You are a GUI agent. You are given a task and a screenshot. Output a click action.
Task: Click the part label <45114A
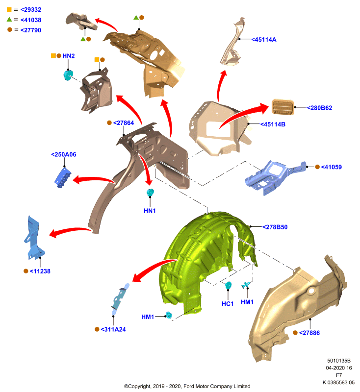[x=264, y=40]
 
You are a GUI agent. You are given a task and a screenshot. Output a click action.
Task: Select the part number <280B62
[x=319, y=108]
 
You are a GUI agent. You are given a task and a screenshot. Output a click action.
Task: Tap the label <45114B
[x=273, y=124]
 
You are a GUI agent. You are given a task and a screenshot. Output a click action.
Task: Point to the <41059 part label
[x=331, y=167]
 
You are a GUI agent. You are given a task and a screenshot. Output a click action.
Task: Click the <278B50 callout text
[x=275, y=227]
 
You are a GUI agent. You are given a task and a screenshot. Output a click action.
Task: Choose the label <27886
[x=309, y=333]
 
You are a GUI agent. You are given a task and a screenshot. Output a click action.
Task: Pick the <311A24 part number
[x=113, y=329]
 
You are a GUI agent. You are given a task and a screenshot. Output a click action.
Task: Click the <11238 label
[x=40, y=271]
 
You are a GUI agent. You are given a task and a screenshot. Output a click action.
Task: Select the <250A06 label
[x=64, y=154]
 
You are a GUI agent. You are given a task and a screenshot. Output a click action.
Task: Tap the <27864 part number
[x=123, y=123]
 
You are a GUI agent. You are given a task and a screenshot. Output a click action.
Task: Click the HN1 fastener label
[x=150, y=211]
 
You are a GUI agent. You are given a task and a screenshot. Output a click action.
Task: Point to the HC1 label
[x=228, y=304]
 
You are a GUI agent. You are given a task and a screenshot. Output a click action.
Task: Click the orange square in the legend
[x=9, y=9]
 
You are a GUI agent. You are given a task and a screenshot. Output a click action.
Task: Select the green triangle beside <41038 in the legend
[x=9, y=19]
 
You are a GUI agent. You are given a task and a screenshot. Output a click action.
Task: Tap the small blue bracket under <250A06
[x=63, y=177]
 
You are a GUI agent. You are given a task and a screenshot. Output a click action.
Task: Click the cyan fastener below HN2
[x=68, y=75]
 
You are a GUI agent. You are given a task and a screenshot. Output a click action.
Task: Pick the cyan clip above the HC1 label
[x=228, y=285]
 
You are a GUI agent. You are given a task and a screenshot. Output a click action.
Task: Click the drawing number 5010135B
[x=339, y=361]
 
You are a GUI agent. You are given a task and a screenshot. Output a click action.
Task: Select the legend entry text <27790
[x=31, y=30]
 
